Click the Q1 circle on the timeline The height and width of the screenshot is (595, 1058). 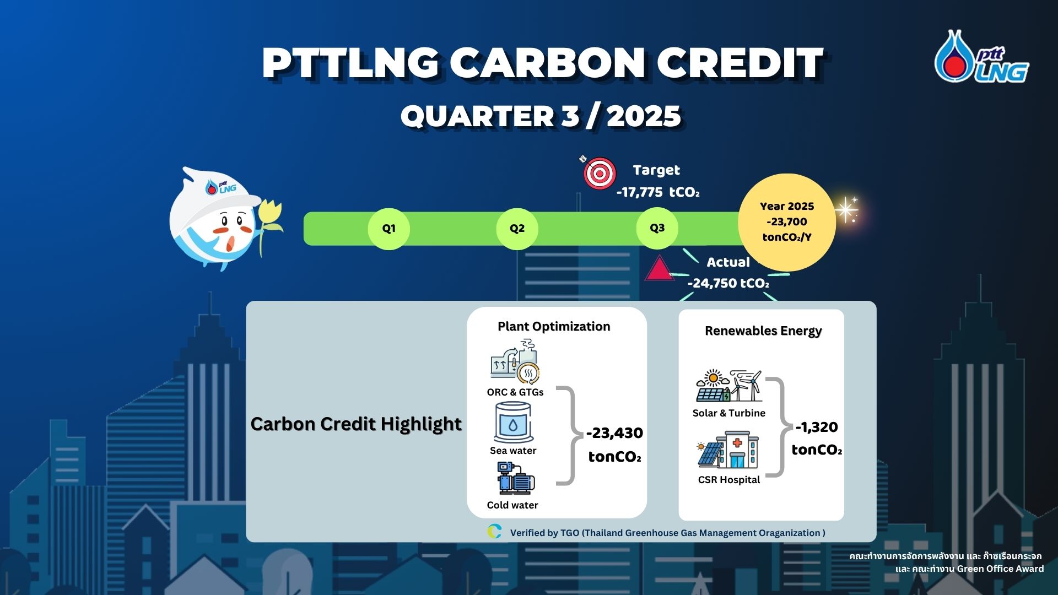pyautogui.click(x=388, y=229)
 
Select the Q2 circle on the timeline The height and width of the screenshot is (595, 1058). pyautogui.click(x=517, y=229)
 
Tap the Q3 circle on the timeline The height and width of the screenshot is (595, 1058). pyautogui.click(x=657, y=228)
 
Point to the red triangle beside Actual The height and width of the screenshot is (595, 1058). pyautogui.click(x=659, y=269)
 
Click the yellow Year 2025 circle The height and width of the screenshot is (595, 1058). pyautogui.click(x=787, y=222)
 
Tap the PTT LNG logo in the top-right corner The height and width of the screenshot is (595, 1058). pyautogui.click(x=981, y=57)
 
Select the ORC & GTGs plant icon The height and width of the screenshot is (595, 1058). pyautogui.click(x=515, y=361)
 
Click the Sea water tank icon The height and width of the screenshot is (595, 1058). pyautogui.click(x=514, y=423)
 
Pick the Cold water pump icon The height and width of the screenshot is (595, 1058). pyautogui.click(x=515, y=478)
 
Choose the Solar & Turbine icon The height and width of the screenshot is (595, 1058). pyautogui.click(x=729, y=386)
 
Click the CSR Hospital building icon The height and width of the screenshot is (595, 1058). pyautogui.click(x=728, y=450)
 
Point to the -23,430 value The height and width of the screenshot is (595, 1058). pyautogui.click(x=614, y=433)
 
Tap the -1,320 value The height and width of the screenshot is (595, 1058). pyautogui.click(x=817, y=427)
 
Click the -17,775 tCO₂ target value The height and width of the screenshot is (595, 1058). pyautogui.click(x=658, y=192)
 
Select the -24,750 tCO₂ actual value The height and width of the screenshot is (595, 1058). pyautogui.click(x=728, y=283)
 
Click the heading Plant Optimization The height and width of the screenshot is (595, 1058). pyautogui.click(x=554, y=327)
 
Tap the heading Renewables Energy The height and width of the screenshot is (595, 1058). pyautogui.click(x=763, y=331)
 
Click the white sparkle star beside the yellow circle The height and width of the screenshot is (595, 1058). pyautogui.click(x=846, y=210)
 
